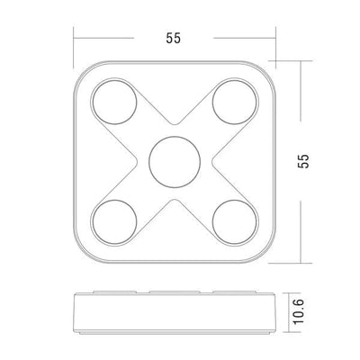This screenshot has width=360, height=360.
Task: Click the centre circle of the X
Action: (173, 161)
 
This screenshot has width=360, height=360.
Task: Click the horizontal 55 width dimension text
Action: (173, 39)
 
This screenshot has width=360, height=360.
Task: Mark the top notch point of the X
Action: (173, 124)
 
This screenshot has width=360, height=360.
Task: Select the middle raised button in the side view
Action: (173, 292)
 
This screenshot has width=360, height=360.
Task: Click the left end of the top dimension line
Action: (75, 39)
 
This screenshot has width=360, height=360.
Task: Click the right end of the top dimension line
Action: (273, 39)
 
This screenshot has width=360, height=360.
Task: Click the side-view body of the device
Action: (173, 310)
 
